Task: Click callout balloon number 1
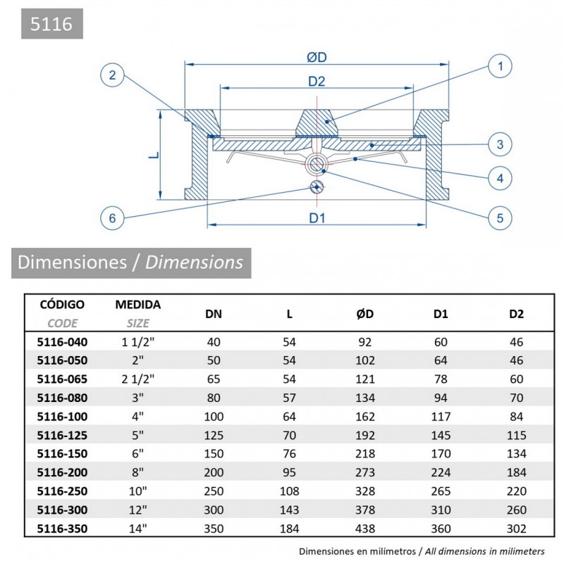[x=499, y=68]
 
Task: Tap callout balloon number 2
[x=112, y=75]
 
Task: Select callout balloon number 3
[x=499, y=145]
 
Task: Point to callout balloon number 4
[x=499, y=179]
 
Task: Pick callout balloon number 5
[x=499, y=218]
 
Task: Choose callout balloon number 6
[x=112, y=218]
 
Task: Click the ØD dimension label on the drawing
[x=317, y=57]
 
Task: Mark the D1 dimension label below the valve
[x=317, y=218]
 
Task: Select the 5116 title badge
[x=51, y=25]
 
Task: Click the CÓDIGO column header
[x=62, y=305]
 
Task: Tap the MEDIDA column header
[x=138, y=305]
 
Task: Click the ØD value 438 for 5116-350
[x=364, y=528]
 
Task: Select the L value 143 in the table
[x=289, y=510]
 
